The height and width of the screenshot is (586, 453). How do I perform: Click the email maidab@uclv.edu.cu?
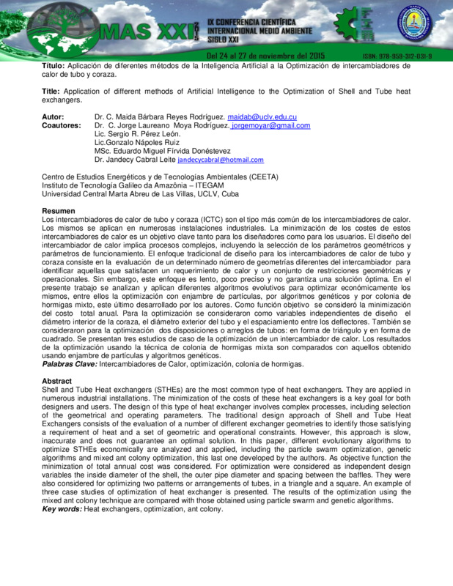click(262, 117)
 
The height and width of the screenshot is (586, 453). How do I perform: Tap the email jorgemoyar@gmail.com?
click(270, 126)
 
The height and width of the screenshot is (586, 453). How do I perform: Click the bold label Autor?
click(53, 117)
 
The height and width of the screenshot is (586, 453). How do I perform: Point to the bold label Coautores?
click(61, 126)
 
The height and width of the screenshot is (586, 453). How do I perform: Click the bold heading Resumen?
click(59, 211)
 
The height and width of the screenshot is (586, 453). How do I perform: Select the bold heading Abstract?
click(57, 381)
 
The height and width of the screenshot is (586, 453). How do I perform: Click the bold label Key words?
click(62, 508)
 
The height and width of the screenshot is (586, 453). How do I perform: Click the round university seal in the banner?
click(415, 26)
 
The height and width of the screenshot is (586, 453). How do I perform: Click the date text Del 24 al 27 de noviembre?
click(264, 56)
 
